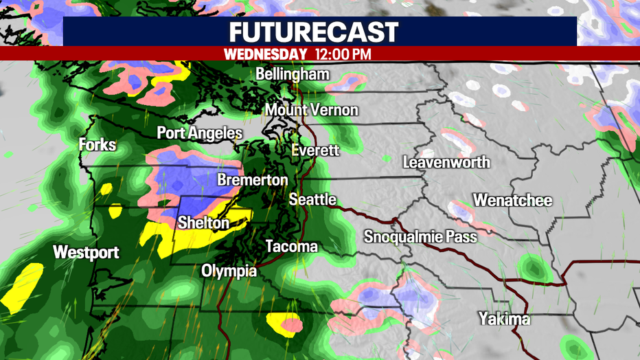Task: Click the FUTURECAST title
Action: pyautogui.click(x=313, y=32)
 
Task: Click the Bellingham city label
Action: pyautogui.click(x=292, y=74)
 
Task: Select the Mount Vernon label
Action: pyautogui.click(x=312, y=110)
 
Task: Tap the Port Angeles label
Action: pyautogui.click(x=199, y=133)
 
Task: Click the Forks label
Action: pyautogui.click(x=97, y=145)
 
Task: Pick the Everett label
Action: pyautogui.click(x=315, y=150)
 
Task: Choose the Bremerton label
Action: pyautogui.click(x=253, y=180)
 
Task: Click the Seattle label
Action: pyautogui.click(x=312, y=199)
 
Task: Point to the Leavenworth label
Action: pyautogui.click(x=446, y=163)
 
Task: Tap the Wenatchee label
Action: pyautogui.click(x=512, y=201)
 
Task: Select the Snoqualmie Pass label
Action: pyautogui.click(x=420, y=237)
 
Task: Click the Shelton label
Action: pyautogui.click(x=203, y=223)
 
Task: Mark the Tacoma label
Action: pyautogui.click(x=292, y=246)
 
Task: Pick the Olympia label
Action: pyautogui.click(x=229, y=271)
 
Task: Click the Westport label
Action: pyautogui.click(x=86, y=252)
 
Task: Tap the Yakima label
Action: pyautogui.click(x=505, y=319)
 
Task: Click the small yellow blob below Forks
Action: pyautogui.click(x=106, y=188)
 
